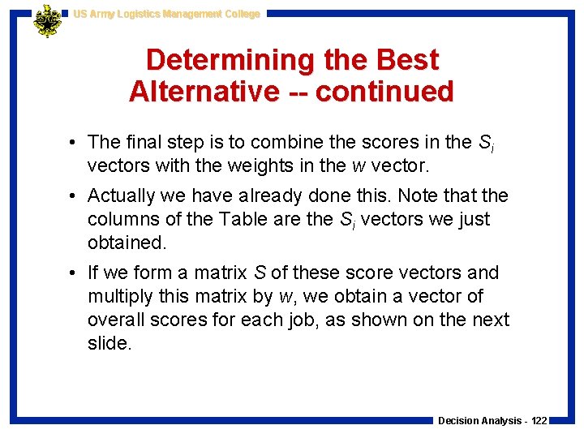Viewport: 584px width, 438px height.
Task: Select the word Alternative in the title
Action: tap(203, 91)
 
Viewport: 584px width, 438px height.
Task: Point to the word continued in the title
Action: tap(384, 91)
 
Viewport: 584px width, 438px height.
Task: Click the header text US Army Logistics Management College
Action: tap(166, 14)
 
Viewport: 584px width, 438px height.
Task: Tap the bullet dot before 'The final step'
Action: tap(73, 143)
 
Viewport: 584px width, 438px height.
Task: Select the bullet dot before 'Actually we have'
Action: tap(73, 196)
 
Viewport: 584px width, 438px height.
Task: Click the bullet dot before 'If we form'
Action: tap(73, 273)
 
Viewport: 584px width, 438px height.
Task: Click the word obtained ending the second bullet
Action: tap(124, 242)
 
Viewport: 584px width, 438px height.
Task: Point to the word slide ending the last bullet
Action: tap(108, 342)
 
